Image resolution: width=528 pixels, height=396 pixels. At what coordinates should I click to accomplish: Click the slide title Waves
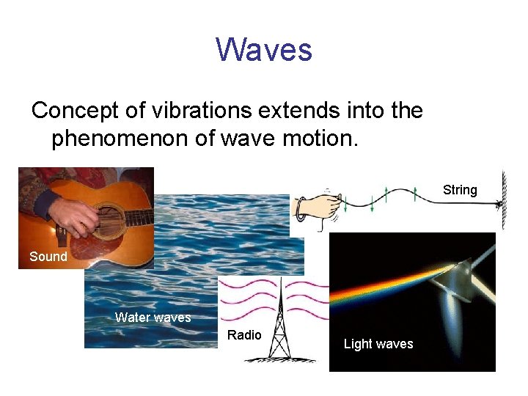click(x=264, y=50)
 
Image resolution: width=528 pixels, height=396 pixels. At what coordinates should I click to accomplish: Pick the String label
click(x=460, y=190)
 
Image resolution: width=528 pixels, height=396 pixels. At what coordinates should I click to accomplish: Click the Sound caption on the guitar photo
click(x=48, y=257)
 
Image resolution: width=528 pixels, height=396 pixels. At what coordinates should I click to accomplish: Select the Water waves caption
click(x=153, y=318)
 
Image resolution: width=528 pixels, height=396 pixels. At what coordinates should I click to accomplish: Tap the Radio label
click(x=244, y=335)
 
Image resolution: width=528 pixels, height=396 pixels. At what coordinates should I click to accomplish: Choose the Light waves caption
click(x=378, y=344)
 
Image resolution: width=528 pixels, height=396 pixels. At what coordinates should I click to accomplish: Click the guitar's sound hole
click(x=110, y=221)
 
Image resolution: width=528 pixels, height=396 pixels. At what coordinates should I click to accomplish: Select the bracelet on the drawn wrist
click(x=301, y=208)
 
